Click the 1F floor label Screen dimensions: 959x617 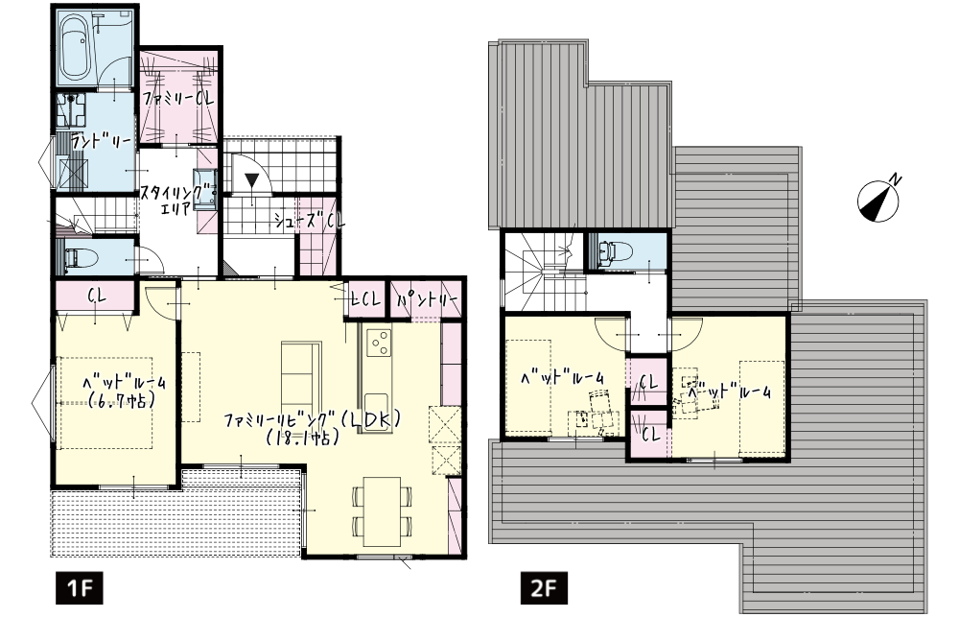pyautogui.click(x=79, y=588)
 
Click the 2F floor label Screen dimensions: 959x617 pyautogui.click(x=544, y=588)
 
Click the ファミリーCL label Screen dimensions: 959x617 pyautogui.click(x=178, y=98)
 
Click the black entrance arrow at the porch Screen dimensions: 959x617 pyautogui.click(x=252, y=180)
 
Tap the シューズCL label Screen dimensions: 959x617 pyautogui.click(x=309, y=221)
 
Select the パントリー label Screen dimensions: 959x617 pyautogui.click(x=428, y=300)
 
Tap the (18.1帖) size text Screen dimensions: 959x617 pyautogui.click(x=303, y=439)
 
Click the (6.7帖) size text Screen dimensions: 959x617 pyautogui.click(x=121, y=401)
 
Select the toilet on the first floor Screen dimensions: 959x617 pyautogui.click(x=78, y=258)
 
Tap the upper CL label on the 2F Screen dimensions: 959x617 pyautogui.click(x=648, y=384)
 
